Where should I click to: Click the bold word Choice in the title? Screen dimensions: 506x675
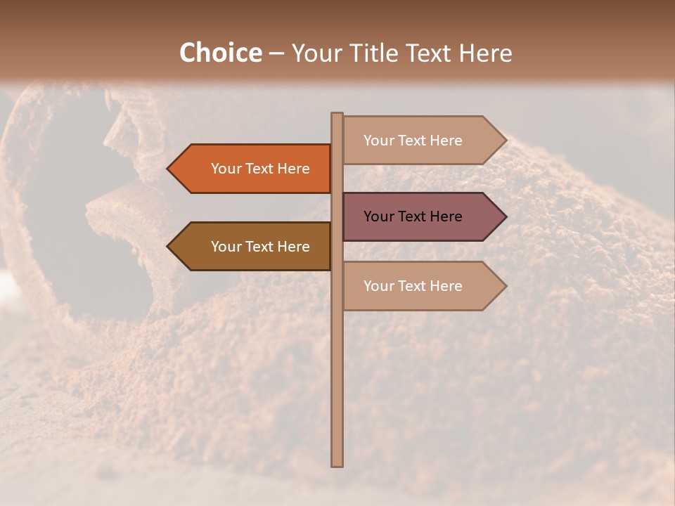point(220,53)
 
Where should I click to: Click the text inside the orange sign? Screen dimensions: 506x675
point(260,169)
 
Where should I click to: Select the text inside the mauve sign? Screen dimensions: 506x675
point(413,216)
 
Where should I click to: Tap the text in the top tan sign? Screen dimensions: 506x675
point(413,141)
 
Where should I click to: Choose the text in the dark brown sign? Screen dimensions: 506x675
point(260,247)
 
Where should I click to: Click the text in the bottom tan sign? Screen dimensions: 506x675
point(413,286)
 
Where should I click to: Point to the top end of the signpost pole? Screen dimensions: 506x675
point(337,115)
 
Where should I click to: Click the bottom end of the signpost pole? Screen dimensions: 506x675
point(337,464)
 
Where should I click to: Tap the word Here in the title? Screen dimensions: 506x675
point(486,53)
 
